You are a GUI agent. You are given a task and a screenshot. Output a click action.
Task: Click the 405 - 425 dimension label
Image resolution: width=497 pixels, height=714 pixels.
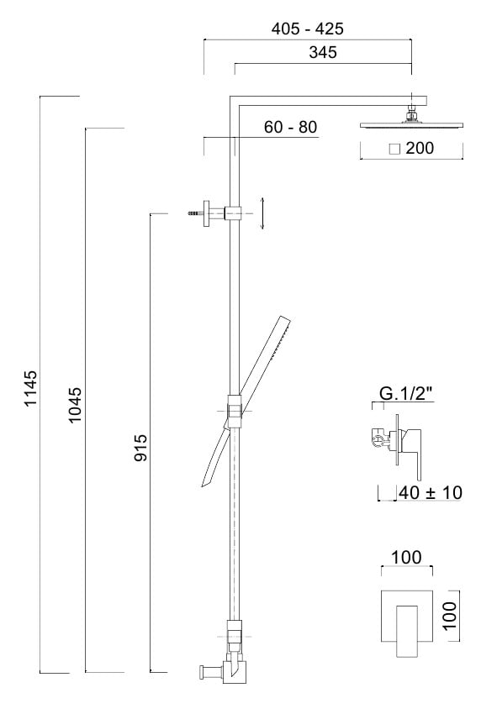pyautogui.click(x=307, y=29)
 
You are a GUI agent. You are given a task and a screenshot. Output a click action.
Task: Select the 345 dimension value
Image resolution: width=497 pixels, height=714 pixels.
pyautogui.click(x=323, y=52)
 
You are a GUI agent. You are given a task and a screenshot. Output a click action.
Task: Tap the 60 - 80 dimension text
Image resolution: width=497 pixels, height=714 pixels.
pyautogui.click(x=290, y=127)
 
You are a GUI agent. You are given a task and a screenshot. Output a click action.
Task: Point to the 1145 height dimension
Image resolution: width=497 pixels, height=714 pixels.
pyautogui.click(x=30, y=388)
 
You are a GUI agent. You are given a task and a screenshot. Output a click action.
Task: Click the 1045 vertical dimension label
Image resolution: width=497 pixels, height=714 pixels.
pyautogui.click(x=75, y=404)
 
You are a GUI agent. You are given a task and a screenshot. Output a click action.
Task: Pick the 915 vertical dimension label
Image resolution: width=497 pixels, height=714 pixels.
pyautogui.click(x=141, y=448)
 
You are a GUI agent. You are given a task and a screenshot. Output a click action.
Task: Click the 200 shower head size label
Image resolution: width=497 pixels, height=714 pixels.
pyautogui.click(x=420, y=148)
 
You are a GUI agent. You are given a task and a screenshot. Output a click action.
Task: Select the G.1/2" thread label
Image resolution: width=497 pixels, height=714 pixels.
pyautogui.click(x=406, y=393)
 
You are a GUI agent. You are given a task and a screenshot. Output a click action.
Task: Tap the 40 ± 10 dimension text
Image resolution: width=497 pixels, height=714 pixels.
pyautogui.click(x=431, y=493)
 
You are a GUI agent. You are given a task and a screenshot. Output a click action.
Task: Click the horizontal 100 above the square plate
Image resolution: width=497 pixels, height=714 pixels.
pyautogui.click(x=407, y=557)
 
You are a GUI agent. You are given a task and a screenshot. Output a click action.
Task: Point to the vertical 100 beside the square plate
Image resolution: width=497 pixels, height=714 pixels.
pyautogui.click(x=450, y=615)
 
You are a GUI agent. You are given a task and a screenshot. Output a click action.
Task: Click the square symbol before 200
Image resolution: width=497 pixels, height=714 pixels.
pyautogui.click(x=394, y=149)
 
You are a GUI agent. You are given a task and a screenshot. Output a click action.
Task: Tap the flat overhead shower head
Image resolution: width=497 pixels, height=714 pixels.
pyautogui.click(x=411, y=124)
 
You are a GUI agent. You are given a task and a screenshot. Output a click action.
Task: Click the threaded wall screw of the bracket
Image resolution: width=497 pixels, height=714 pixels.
pyautogui.click(x=195, y=213)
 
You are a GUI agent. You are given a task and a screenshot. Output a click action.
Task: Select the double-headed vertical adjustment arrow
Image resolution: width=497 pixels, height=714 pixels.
pyautogui.click(x=262, y=213)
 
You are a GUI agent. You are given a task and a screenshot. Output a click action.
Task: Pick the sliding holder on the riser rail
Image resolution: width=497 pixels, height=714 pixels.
pyautogui.click(x=234, y=412)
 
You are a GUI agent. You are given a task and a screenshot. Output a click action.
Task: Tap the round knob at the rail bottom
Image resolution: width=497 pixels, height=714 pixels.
pyautogui.click(x=202, y=672)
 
